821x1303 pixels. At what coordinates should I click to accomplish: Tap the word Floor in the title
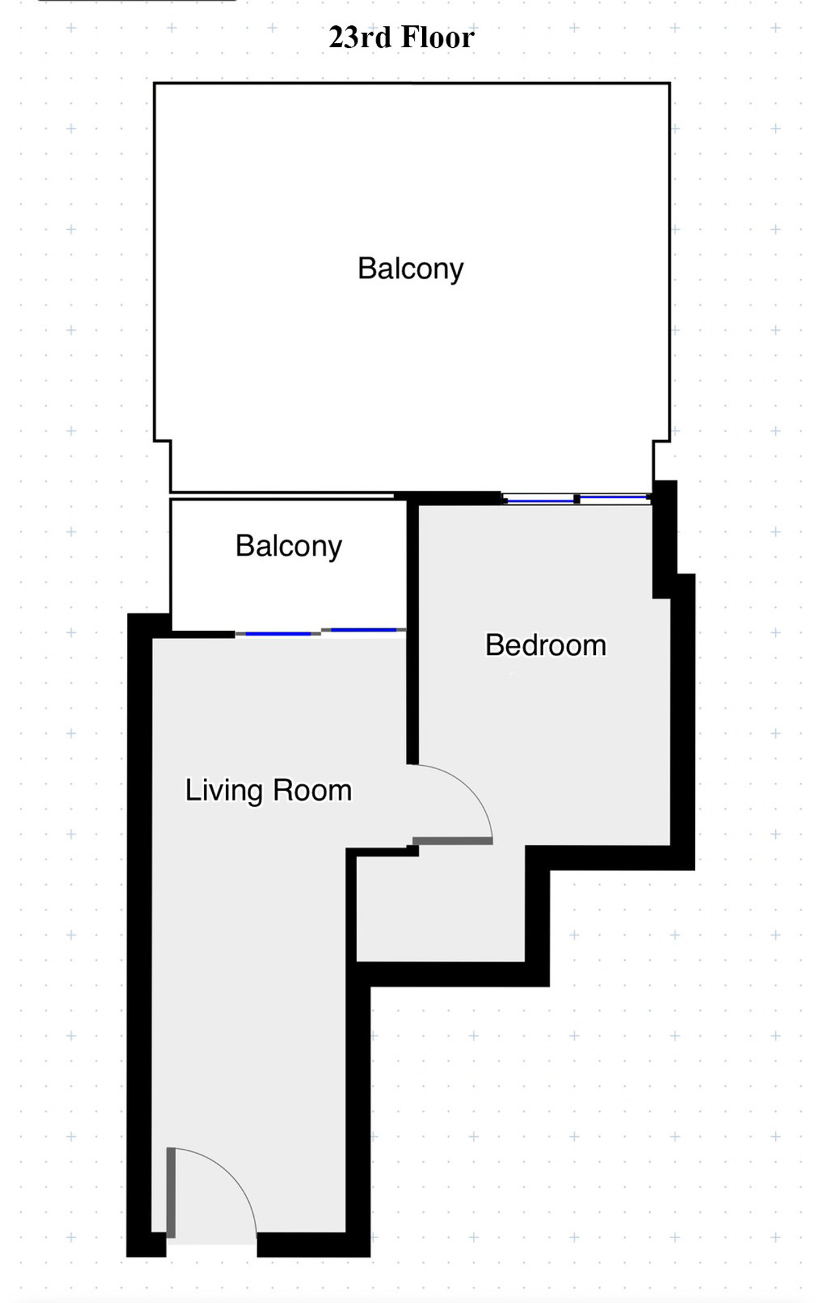[x=438, y=38]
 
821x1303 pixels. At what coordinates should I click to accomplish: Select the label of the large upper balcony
[x=410, y=269]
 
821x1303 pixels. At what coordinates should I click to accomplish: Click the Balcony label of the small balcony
[x=289, y=547]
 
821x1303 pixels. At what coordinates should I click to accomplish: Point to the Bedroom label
[x=546, y=645]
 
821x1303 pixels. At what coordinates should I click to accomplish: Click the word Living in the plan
[x=224, y=791]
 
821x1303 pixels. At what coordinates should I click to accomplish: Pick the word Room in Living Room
[x=312, y=791]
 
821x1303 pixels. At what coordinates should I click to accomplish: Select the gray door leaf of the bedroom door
[x=453, y=840]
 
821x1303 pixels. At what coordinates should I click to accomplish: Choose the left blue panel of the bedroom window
[x=540, y=501]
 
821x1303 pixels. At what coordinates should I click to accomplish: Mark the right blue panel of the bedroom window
[x=613, y=496]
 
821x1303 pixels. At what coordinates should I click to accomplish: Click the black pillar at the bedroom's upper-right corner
[x=664, y=539]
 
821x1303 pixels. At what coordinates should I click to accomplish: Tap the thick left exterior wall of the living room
[x=140, y=935]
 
